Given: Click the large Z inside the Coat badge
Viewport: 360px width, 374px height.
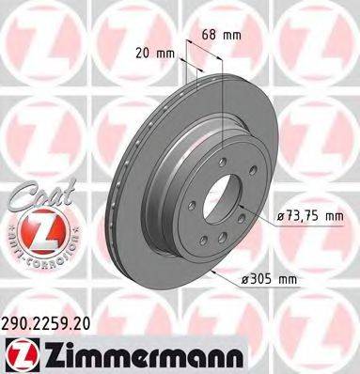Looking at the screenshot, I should coord(37,230).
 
